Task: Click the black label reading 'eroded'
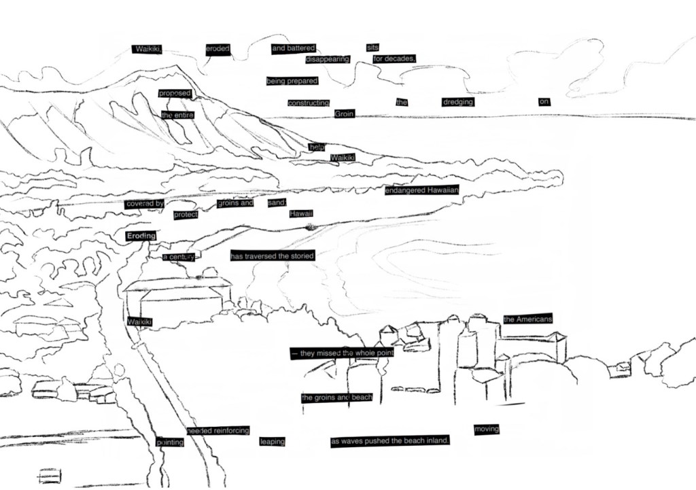click(218, 49)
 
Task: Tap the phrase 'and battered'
click(294, 48)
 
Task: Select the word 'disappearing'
click(328, 59)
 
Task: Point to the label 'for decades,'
click(394, 59)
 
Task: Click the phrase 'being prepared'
click(292, 82)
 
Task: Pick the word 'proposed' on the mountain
click(175, 93)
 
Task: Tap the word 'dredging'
click(457, 102)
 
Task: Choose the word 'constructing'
click(308, 103)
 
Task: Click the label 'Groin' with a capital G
click(345, 114)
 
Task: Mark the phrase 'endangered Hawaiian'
click(422, 191)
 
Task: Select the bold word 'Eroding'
click(141, 236)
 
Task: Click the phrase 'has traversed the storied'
click(272, 256)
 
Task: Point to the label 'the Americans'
click(527, 319)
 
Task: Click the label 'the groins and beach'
click(337, 398)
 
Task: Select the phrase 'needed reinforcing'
click(218, 431)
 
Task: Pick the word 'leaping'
click(272, 442)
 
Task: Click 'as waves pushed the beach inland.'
click(390, 442)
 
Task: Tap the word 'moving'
click(487, 430)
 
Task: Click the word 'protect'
click(186, 215)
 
